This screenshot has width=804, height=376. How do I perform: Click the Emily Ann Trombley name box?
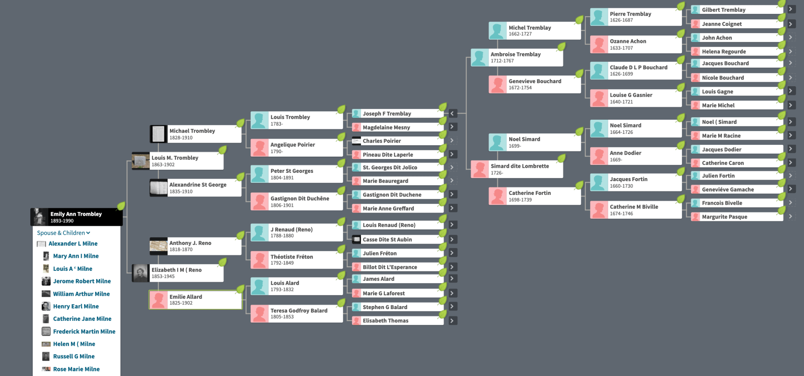[77, 217]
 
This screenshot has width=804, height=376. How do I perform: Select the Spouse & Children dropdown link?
[63, 233]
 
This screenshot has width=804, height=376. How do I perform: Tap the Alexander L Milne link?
[73, 244]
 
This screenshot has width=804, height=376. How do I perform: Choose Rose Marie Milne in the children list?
[76, 369]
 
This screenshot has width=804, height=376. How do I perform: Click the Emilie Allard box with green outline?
[196, 300]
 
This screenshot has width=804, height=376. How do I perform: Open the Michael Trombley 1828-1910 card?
[196, 134]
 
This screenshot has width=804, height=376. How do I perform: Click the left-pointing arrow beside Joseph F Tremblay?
[453, 113]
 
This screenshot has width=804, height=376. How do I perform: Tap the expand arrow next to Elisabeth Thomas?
[453, 320]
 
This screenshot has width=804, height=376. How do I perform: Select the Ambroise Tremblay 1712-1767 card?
[517, 57]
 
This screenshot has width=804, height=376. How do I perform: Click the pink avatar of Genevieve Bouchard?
[497, 85]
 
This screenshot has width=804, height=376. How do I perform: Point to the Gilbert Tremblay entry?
[737, 10]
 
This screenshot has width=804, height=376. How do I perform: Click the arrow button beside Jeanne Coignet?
[791, 24]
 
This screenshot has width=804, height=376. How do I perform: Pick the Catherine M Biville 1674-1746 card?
[636, 210]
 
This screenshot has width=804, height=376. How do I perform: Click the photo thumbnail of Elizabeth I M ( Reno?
[140, 273]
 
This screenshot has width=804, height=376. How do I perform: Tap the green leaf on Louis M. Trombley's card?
[223, 150]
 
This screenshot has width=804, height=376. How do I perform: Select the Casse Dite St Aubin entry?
[398, 239]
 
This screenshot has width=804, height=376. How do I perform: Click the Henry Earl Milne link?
[76, 306]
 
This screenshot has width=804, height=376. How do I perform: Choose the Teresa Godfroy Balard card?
[297, 313]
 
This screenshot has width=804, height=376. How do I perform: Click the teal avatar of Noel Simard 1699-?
[497, 143]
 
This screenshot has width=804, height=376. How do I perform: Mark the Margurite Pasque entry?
[737, 217]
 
